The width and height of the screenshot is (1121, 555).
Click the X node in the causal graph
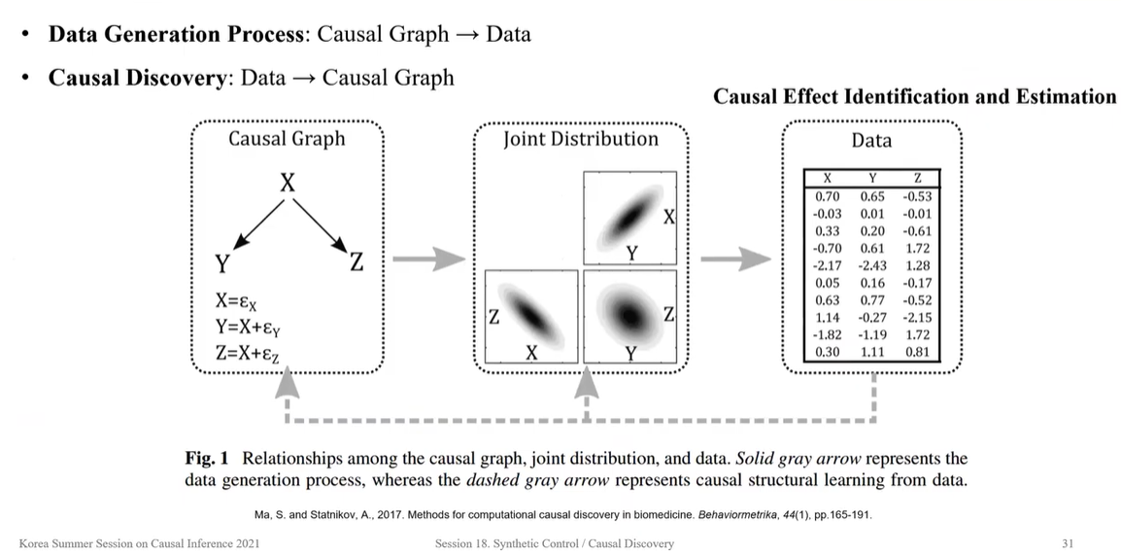[288, 183]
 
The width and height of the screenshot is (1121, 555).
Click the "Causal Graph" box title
[287, 139]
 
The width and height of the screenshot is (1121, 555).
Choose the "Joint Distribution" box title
[580, 139]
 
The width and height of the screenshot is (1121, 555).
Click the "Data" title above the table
[870, 141]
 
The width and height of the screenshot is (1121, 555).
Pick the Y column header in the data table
[872, 178]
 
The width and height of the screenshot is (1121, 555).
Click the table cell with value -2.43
[871, 265]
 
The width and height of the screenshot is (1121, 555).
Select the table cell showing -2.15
[917, 317]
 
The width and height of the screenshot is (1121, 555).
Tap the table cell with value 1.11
[871, 352]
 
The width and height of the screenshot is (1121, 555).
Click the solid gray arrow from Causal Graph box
[427, 260]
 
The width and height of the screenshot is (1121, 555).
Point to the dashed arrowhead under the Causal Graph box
[287, 386]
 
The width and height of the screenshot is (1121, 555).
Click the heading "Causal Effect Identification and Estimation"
[914, 97]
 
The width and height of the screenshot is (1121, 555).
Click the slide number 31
[1068, 543]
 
